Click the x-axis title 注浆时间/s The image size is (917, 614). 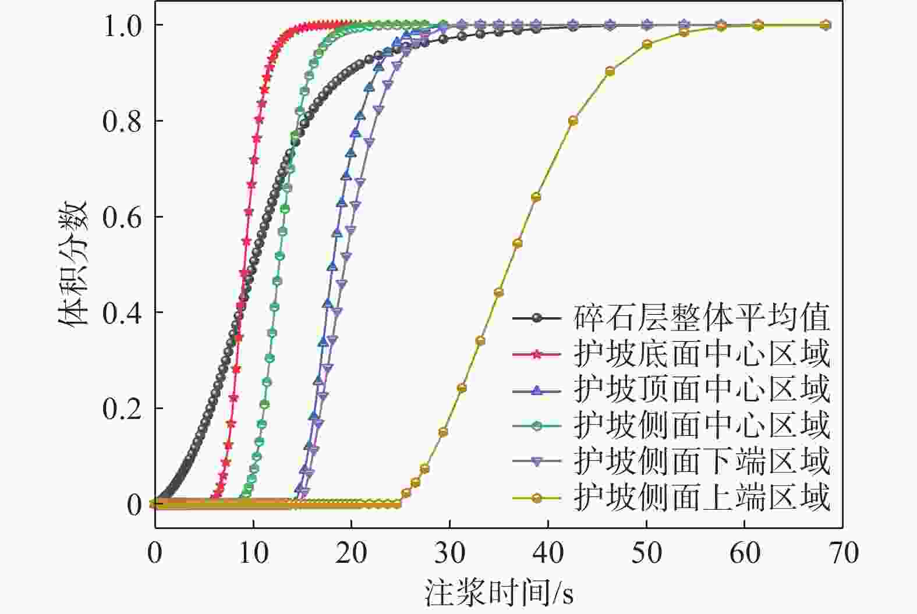click(499, 592)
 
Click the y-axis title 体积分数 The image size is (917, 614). click(73, 264)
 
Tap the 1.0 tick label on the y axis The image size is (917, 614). click(122, 26)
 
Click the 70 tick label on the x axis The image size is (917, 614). click(843, 553)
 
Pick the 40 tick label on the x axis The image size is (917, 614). click(548, 553)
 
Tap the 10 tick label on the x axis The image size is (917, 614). click(253, 553)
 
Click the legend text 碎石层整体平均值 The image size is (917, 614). click(702, 318)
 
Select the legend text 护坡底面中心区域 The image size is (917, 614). click(702, 354)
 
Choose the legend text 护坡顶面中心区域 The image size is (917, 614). click(702, 390)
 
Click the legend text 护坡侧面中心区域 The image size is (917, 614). click(702, 425)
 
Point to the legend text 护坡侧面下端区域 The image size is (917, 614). click(702, 462)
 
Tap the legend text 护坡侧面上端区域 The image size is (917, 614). click(702, 498)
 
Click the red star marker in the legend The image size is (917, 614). click(536, 354)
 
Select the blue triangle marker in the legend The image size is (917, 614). click(536, 390)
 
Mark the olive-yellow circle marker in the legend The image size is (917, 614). click(536, 498)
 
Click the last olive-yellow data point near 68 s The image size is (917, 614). click(826, 25)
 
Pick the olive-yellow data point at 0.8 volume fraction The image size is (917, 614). click(573, 120)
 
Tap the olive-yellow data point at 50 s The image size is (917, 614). click(647, 44)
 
